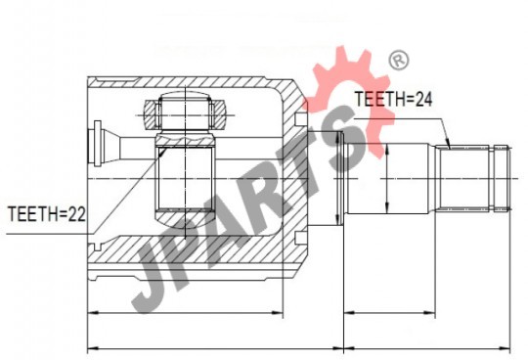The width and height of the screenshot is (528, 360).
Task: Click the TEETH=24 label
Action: tap(393, 100)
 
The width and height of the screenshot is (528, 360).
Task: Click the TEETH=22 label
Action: tap(47, 214)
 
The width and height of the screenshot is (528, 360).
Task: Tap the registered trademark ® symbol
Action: tap(399, 61)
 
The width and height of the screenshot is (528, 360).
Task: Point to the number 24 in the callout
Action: tap(423, 100)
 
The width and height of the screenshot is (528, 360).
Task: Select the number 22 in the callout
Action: tap(77, 214)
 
